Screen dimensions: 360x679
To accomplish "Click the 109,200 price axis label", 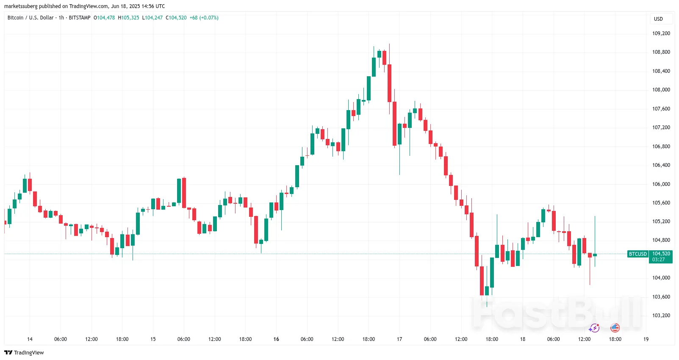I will click(x=661, y=33).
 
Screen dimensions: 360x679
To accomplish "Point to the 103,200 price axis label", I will click(x=661, y=316).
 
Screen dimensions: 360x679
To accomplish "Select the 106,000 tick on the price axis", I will click(x=661, y=184).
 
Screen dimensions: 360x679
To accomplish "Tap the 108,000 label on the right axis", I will click(x=661, y=90).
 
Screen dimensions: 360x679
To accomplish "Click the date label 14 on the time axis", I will click(x=30, y=339).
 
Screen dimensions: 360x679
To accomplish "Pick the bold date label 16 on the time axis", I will click(x=276, y=339).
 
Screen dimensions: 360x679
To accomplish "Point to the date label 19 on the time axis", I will click(x=646, y=339).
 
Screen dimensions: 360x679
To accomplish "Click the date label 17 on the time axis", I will click(x=399, y=339).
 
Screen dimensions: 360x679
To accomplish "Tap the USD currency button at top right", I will click(x=658, y=19).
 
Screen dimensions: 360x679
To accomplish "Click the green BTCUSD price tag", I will click(x=637, y=254).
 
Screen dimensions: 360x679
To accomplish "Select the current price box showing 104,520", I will click(x=661, y=257).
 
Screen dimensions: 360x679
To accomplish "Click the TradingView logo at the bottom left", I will click(x=24, y=353).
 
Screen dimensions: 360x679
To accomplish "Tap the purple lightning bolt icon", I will click(x=594, y=328).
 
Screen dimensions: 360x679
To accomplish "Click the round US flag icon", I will click(x=615, y=328).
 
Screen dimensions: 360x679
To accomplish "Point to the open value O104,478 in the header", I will click(x=104, y=18).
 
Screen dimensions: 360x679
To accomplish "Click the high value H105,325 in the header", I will click(x=128, y=18).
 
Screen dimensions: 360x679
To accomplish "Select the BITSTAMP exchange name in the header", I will click(x=80, y=18).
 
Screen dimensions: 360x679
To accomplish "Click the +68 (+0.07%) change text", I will click(x=204, y=18).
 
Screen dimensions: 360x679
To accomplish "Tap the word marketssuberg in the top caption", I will click(x=21, y=6).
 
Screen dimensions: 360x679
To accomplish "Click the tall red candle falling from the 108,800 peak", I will click(x=389, y=83).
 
